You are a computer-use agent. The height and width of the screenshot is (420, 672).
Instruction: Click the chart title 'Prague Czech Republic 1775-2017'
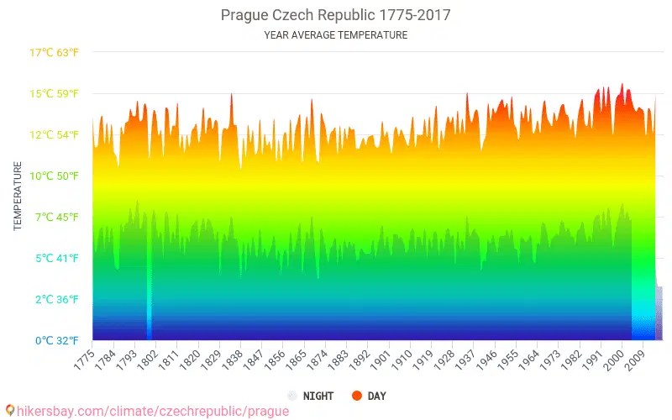335,15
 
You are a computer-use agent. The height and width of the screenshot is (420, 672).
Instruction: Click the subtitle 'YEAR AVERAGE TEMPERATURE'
335,35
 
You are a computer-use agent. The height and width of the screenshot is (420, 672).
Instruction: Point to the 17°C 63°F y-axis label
54,53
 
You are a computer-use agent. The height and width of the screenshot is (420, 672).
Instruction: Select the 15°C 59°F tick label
54,93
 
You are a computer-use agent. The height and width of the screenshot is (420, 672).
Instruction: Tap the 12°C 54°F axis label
54,134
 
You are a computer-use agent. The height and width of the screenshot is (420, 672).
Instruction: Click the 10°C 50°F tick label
54,176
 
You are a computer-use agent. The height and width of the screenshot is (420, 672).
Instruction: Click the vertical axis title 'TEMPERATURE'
18,197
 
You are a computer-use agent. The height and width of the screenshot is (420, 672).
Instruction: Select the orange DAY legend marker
357,396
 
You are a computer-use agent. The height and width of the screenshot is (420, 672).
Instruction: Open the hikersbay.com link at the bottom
147,411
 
